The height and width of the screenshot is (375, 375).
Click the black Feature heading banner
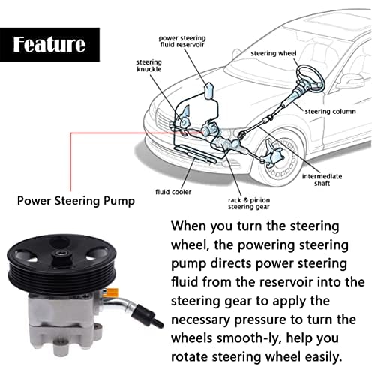pyautogui.click(x=49, y=45)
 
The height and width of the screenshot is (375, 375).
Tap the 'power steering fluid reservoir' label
pyautogui.click(x=182, y=41)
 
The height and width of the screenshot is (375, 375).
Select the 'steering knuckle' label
pyautogui.click(x=148, y=65)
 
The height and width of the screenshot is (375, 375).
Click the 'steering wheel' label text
pyautogui.click(x=274, y=53)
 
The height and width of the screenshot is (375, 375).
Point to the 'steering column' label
pyautogui.click(x=330, y=112)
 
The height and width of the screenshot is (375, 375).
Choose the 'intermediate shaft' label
pyautogui.click(x=322, y=180)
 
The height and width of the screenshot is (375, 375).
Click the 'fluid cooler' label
pyautogui.click(x=173, y=192)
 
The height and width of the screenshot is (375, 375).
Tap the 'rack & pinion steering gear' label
pyautogui.click(x=249, y=203)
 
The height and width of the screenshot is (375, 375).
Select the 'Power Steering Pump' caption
pyautogui.click(x=76, y=201)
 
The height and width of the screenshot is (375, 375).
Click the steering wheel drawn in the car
pyautogui.click(x=310, y=76)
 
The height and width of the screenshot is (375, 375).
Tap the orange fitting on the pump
pyautogui.click(x=111, y=292)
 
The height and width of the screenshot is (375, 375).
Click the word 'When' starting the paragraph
pyautogui.click(x=189, y=226)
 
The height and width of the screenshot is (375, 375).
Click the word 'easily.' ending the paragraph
pyautogui.click(x=323, y=357)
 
